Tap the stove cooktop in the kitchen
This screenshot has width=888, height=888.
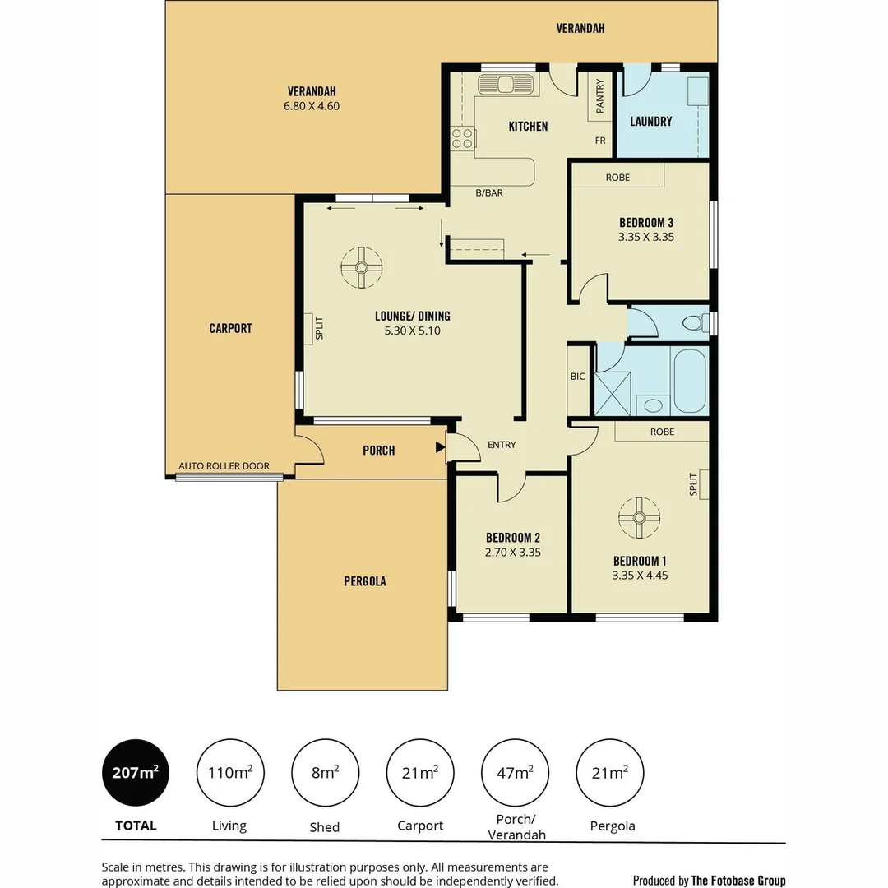pos(462,138)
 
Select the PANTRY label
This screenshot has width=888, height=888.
pos(600,95)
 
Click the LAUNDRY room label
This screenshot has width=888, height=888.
pos(650,121)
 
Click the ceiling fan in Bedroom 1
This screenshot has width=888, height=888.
pos(639,517)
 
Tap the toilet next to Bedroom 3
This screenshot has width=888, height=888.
pos(695,322)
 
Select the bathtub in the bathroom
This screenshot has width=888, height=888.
pos(689,382)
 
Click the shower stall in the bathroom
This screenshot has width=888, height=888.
pos(613,392)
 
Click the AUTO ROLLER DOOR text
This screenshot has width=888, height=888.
pos(224,466)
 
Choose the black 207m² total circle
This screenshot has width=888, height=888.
pos(135,773)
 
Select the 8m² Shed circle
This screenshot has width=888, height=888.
pos(324,773)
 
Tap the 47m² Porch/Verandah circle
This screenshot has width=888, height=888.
pos(515,773)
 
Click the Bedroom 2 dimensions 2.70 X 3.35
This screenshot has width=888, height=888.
pos(512,553)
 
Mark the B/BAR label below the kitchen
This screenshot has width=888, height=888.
pos(489,193)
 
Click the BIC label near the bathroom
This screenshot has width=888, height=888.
pos(577,377)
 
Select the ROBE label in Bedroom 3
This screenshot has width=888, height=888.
pos(617,178)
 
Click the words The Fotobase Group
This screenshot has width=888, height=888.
pos(738,881)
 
